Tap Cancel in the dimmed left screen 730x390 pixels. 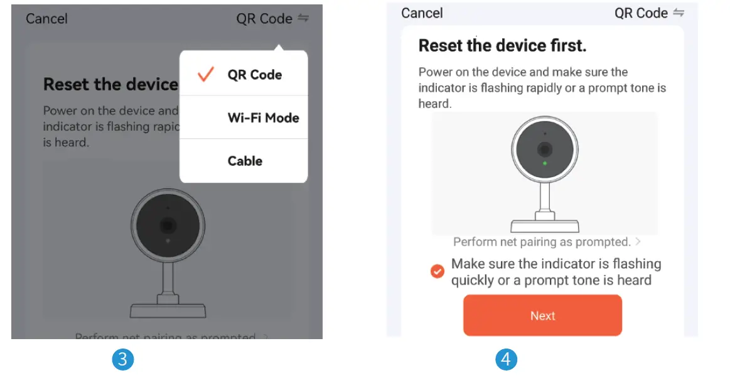coord(46,19)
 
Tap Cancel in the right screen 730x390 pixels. coord(422,13)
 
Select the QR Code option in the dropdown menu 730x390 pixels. coord(254,75)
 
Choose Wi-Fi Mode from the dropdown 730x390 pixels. coord(263,118)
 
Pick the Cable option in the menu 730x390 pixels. coord(245,161)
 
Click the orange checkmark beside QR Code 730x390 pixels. coord(205,75)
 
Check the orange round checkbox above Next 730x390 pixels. coord(437,271)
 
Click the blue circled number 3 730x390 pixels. coord(122,360)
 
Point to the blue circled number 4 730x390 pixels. coord(507,360)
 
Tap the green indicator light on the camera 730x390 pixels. coord(545,163)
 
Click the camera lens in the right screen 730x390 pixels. coord(545,149)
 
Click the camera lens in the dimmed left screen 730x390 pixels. coord(167,225)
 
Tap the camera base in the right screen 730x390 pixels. coord(544,225)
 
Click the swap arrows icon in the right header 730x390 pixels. coord(678,13)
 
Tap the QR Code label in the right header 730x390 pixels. coord(641,13)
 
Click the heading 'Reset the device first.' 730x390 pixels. coord(502,46)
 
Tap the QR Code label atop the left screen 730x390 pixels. coord(264,19)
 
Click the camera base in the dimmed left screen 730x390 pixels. coord(167,310)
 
